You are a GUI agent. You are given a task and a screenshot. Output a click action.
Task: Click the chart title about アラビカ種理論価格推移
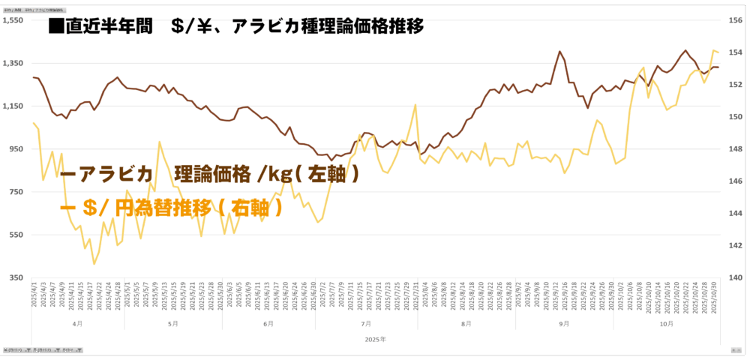[x=236, y=27]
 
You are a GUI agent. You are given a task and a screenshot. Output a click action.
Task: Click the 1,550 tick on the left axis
[x=14, y=20]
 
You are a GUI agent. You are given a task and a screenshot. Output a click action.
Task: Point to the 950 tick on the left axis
[x=16, y=149]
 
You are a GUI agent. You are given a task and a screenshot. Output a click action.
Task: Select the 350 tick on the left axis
[x=16, y=277]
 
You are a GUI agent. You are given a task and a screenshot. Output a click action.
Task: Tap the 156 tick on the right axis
[x=736, y=20]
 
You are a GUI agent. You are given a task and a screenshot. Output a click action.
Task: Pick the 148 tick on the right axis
[x=736, y=149]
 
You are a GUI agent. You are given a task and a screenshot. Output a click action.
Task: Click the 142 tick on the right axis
[x=736, y=245]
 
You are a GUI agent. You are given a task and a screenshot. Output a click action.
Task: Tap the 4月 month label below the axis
[x=78, y=324]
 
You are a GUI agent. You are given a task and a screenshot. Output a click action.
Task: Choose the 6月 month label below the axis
[x=268, y=324]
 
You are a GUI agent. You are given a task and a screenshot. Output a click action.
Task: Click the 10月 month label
[x=667, y=324]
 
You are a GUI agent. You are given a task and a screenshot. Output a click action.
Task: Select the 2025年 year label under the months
[x=375, y=340]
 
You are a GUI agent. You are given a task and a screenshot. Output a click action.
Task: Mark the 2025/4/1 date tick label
[x=34, y=295]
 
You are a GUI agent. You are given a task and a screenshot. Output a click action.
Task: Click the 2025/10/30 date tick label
[x=713, y=295]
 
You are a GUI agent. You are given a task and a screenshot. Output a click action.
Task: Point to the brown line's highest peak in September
[x=559, y=52]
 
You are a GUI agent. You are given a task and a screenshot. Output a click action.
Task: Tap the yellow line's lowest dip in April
[x=94, y=264]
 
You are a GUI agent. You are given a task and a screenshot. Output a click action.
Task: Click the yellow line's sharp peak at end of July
[x=415, y=104]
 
